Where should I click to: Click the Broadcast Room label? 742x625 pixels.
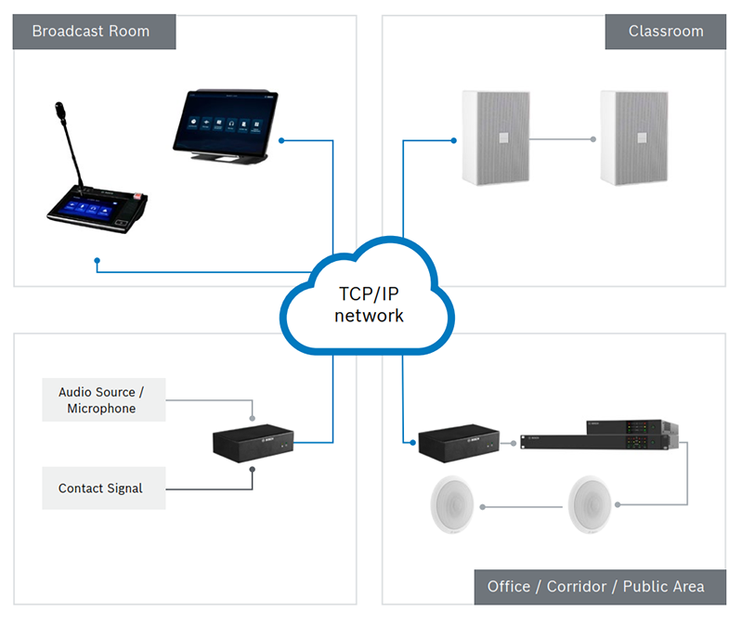(91, 32)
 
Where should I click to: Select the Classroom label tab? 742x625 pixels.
(666, 32)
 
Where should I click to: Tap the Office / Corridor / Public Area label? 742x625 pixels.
(595, 587)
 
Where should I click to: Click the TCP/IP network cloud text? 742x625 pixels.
(371, 305)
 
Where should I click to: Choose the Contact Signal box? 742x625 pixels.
(103, 488)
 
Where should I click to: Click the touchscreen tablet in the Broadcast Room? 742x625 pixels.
(223, 123)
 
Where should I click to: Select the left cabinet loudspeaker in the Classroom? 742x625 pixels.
(496, 137)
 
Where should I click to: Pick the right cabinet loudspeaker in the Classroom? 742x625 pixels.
(634, 137)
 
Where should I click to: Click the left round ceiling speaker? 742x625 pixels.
(454, 506)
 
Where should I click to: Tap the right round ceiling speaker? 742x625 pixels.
(593, 506)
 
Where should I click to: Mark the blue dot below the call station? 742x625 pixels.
(98, 261)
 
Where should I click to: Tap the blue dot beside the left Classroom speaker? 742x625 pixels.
(454, 140)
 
